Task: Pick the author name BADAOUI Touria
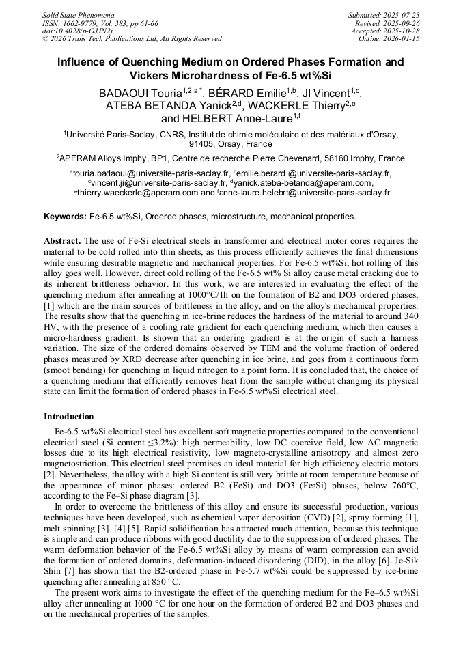point(139,93)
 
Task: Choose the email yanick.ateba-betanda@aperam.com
point(304,183)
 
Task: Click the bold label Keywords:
point(66,217)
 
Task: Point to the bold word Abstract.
point(62,241)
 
